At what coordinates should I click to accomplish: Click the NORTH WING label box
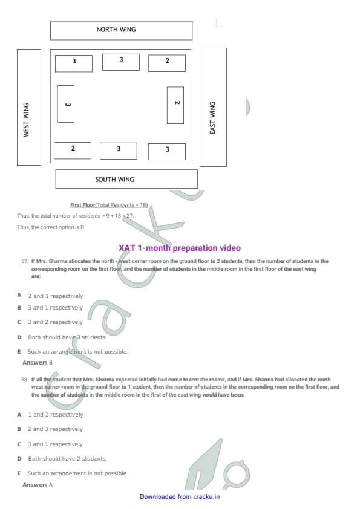click(x=121, y=30)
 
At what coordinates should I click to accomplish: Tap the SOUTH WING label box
click(x=126, y=179)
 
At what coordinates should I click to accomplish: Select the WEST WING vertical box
click(x=29, y=107)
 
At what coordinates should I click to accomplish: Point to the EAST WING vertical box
click(x=213, y=107)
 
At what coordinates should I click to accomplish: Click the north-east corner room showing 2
click(x=167, y=63)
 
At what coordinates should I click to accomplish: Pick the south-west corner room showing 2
click(x=73, y=151)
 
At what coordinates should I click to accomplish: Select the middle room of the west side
click(x=65, y=104)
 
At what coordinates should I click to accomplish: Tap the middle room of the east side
click(x=175, y=105)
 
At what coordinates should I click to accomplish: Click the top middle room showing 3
click(x=121, y=62)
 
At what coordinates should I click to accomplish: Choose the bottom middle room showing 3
click(x=119, y=151)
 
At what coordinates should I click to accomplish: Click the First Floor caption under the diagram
click(x=109, y=205)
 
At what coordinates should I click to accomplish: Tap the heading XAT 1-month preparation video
click(x=180, y=248)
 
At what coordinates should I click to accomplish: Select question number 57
click(x=25, y=261)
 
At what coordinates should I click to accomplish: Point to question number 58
click(x=25, y=380)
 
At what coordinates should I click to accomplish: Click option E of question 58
click(x=72, y=473)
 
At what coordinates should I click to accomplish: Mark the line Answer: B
click(x=38, y=363)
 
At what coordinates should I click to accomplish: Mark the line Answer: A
click(x=38, y=485)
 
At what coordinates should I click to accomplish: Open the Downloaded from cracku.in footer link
click(x=180, y=497)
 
